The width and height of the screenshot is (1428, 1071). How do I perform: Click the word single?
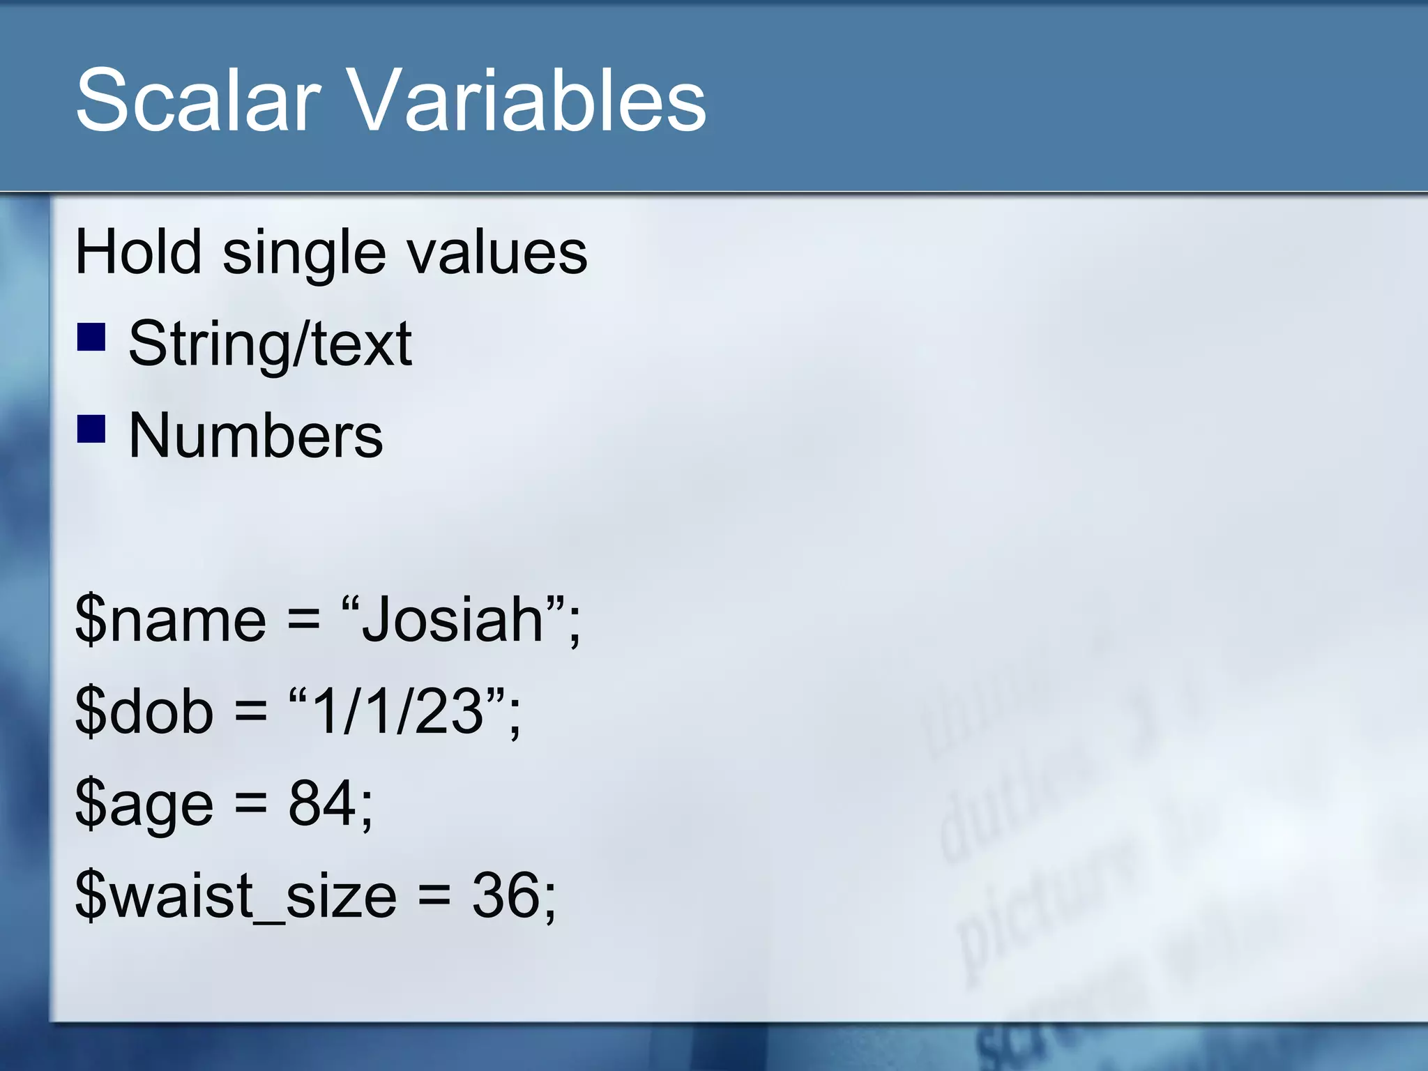(303, 255)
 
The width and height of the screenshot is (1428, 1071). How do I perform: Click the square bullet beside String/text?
(91, 336)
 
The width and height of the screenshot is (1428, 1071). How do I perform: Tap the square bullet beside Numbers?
(91, 429)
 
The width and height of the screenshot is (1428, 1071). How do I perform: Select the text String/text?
(270, 344)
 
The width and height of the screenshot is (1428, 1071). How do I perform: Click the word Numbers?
(255, 436)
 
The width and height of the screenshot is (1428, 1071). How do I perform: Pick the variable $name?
(170, 620)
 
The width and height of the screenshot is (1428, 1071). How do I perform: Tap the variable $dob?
(144, 712)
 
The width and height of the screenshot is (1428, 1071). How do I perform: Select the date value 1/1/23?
(397, 711)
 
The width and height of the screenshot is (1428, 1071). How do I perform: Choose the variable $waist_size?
(236, 896)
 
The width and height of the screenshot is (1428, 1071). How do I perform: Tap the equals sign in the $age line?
(250, 804)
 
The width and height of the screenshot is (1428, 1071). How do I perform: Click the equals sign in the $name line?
(303, 620)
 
